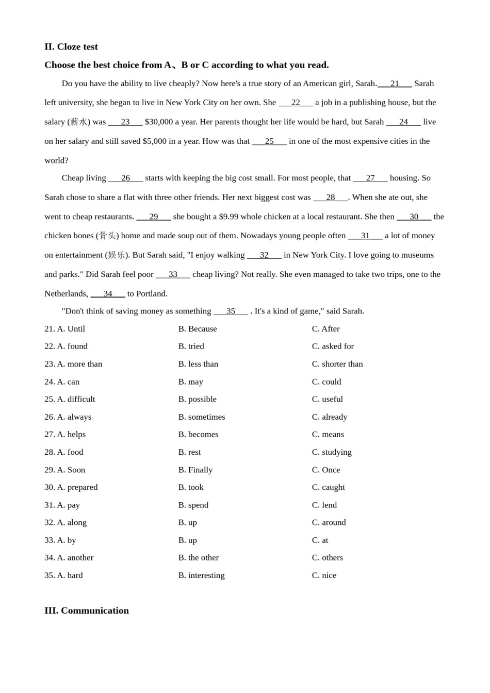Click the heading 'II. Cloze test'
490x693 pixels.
pyautogui.click(x=71, y=47)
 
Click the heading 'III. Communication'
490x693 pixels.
pyautogui.click(x=87, y=610)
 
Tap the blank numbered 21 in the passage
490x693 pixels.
pyautogui.click(x=395, y=84)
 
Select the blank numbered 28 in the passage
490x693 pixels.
pyautogui.click(x=331, y=197)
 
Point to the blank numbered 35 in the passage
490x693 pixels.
pyautogui.click(x=231, y=311)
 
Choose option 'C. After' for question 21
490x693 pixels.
pyautogui.click(x=325, y=329)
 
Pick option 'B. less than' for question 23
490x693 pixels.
pyautogui.click(x=198, y=364)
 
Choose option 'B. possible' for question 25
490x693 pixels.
pyautogui.click(x=197, y=399)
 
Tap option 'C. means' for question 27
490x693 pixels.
pyautogui.click(x=328, y=434)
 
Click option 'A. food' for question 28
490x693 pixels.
pyautogui.click(x=70, y=452)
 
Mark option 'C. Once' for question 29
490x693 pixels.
pyautogui.click(x=325, y=470)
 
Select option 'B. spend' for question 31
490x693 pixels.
pyautogui.click(x=193, y=505)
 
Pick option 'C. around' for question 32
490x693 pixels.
pyautogui.click(x=329, y=522)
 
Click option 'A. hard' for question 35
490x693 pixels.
pyautogui.click(x=70, y=575)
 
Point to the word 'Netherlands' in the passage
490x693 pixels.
pyautogui.click(x=66, y=294)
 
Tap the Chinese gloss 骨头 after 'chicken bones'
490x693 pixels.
pyautogui.click(x=107, y=236)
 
